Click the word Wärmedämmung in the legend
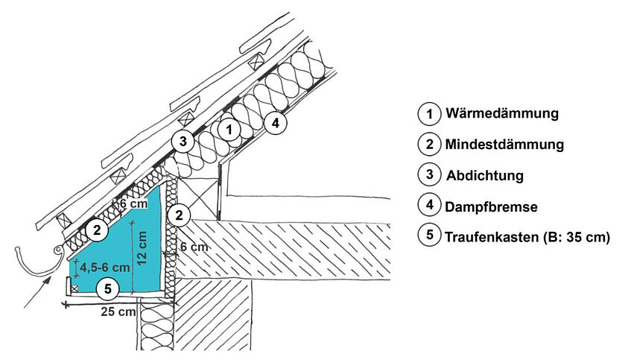(501, 114)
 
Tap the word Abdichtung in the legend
(485, 176)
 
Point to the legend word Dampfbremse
(491, 205)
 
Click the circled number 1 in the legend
(428, 115)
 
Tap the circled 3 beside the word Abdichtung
(428, 174)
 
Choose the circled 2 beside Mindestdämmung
(428, 143)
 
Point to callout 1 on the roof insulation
(230, 129)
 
